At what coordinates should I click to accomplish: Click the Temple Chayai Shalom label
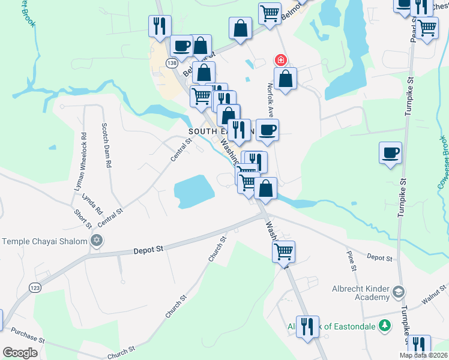click(45, 241)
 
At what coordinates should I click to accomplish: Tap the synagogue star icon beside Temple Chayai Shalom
click(96, 241)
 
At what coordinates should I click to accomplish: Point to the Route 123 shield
click(33, 289)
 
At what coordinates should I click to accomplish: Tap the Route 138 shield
click(172, 63)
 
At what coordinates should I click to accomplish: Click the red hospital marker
click(280, 60)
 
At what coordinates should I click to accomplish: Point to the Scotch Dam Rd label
click(107, 146)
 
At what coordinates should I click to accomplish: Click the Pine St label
click(351, 260)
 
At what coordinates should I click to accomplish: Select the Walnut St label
click(435, 298)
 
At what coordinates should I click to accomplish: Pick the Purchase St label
click(28, 338)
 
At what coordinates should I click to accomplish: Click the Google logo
click(20, 353)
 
